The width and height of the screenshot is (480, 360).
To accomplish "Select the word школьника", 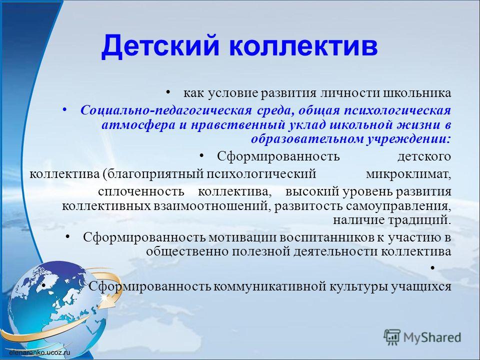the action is pyautogui.click(x=417, y=93).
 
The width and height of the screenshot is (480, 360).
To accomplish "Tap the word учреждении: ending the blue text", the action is pyautogui.click(x=408, y=139).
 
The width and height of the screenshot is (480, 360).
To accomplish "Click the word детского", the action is pyautogui.click(x=424, y=156).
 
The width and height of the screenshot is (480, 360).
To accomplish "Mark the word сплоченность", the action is pyautogui.click(x=141, y=192).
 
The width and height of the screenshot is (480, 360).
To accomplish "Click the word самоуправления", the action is pyautogui.click(x=398, y=206).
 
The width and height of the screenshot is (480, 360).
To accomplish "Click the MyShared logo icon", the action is pyautogui.click(x=392, y=338).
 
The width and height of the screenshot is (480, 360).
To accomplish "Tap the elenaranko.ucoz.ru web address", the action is pyautogui.click(x=39, y=352).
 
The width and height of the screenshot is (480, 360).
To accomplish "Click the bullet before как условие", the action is pyautogui.click(x=168, y=92).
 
